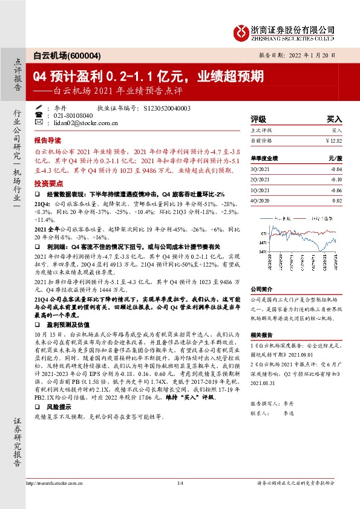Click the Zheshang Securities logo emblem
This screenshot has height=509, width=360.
coord(243,31)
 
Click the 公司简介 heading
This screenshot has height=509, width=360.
coord(261,289)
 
